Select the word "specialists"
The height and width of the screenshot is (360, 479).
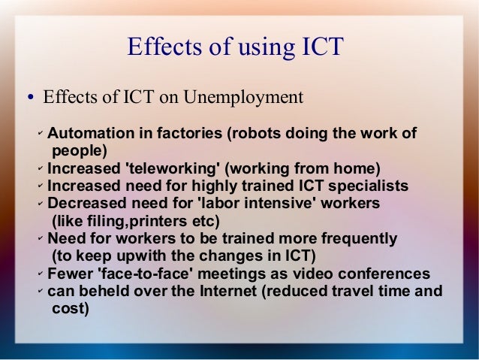(x=366, y=185)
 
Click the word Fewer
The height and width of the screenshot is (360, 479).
(x=69, y=274)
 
